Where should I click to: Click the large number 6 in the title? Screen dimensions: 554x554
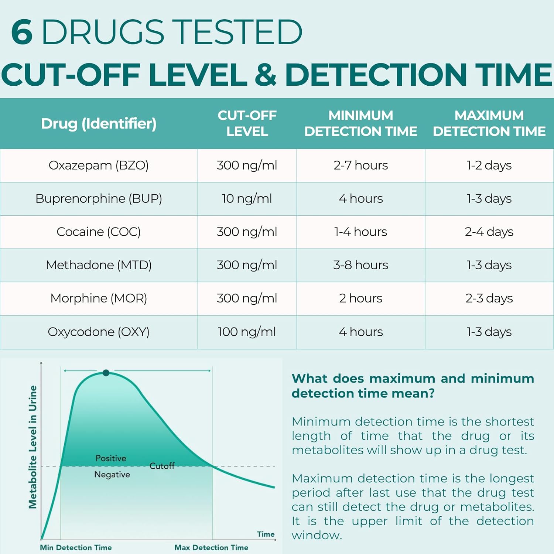[x=22, y=32]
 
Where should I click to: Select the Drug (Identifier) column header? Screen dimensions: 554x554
[x=99, y=124]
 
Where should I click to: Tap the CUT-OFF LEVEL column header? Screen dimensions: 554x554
[x=247, y=123]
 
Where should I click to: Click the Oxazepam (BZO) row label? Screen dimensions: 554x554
[x=99, y=165]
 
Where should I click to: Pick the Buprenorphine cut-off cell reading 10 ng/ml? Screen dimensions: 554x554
[x=247, y=199]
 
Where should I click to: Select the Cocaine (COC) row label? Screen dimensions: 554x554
[x=99, y=232]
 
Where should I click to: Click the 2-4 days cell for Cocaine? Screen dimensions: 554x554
[x=489, y=232]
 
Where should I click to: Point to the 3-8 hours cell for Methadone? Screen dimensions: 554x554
[x=360, y=265]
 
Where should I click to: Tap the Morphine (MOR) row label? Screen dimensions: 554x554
[x=99, y=298]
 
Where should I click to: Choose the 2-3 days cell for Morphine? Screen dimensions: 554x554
[x=489, y=298]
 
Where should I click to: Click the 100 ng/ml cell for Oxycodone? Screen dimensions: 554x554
[x=247, y=332]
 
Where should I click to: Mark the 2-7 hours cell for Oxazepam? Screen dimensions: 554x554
[x=360, y=165]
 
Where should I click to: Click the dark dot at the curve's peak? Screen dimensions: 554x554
[x=106, y=373]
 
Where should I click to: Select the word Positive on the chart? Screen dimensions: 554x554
[x=111, y=458]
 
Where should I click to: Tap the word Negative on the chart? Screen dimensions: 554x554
[x=112, y=475]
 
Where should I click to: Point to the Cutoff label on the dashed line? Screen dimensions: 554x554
[x=162, y=466]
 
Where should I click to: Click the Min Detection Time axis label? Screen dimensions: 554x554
[x=76, y=547]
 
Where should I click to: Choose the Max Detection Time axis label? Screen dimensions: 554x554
[x=211, y=547]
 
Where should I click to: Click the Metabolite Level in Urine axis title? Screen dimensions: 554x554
[x=33, y=447]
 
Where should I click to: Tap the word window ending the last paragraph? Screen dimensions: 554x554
[x=316, y=535]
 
